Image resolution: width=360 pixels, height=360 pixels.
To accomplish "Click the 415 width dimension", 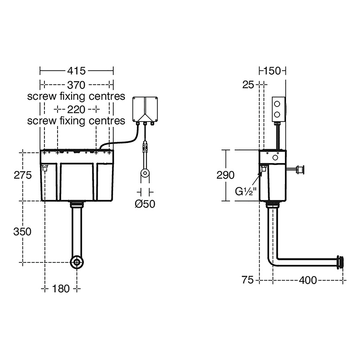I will pos(76,71).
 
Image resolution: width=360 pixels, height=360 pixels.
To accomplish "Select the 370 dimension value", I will pos(76,85).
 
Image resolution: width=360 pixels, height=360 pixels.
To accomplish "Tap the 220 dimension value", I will pos(76,109).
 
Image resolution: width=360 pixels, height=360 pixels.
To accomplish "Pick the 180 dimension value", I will pos(61,288).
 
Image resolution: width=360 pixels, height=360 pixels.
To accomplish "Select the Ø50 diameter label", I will pos(145,204).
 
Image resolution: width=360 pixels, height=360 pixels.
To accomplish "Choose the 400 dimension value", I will pos(307,280).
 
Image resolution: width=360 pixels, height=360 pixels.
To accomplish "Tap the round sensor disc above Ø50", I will pos(145,174).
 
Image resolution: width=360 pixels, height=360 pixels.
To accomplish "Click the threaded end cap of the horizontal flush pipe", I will pos(340,261).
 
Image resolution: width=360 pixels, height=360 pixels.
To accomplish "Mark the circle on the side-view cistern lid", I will pos(275,158).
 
